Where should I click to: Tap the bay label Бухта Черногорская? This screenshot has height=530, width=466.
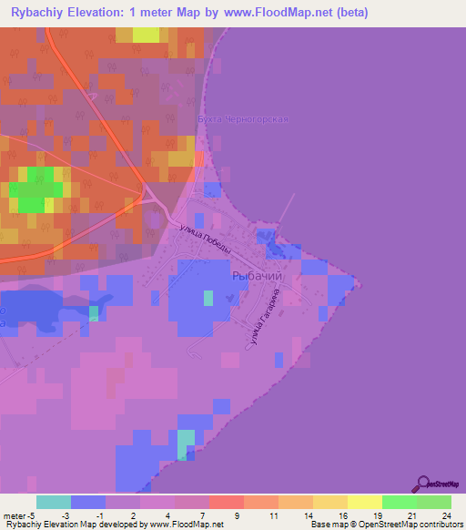(x=243, y=119)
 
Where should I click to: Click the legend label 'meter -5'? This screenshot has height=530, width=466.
(x=19, y=515)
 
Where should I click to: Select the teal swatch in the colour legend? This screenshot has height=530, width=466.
(x=54, y=502)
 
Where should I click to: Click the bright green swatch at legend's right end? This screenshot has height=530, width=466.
(x=433, y=502)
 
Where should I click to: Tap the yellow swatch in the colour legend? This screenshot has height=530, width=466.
(x=364, y=502)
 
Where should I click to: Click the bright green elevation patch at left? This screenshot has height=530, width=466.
(x=36, y=190)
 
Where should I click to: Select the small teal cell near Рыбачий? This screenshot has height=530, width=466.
(x=208, y=297)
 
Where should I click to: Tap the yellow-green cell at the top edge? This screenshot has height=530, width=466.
(x=146, y=35)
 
